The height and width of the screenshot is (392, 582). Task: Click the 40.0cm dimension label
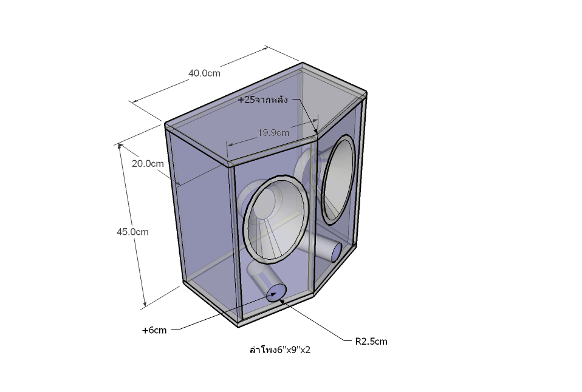(204, 73)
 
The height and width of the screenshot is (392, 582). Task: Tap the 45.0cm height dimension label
(132, 232)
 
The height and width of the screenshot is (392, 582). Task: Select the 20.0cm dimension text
(148, 164)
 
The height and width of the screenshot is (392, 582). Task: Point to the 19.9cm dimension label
(273, 133)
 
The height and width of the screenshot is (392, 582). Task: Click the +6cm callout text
(154, 331)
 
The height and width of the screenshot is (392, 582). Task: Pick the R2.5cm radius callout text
(371, 342)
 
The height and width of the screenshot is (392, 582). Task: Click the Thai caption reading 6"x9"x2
(280, 350)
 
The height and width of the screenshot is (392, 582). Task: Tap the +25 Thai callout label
(263, 100)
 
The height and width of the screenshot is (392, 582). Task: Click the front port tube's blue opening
(276, 292)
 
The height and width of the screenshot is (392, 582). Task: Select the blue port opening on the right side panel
(337, 252)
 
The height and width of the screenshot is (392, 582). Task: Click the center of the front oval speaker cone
(275, 220)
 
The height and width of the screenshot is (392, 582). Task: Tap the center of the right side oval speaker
(338, 180)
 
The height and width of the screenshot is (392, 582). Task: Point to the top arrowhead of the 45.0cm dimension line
(120, 146)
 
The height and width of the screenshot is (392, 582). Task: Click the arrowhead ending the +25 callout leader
(315, 131)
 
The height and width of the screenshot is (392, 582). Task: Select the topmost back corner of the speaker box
(303, 63)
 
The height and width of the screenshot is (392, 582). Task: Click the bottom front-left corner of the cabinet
(238, 327)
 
